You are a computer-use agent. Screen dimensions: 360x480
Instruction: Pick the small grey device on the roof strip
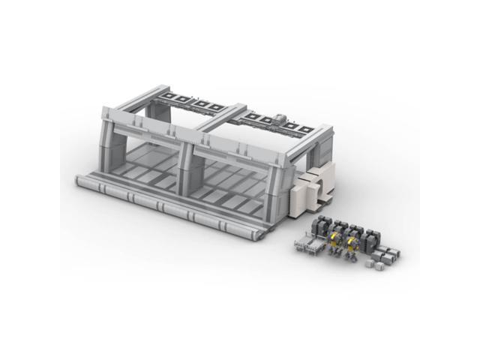click(x=277, y=117)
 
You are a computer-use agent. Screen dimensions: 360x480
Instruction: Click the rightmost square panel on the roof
click(x=304, y=129)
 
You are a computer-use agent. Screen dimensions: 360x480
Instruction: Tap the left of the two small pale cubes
click(x=370, y=263)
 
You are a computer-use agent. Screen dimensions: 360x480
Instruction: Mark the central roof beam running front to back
click(x=218, y=113)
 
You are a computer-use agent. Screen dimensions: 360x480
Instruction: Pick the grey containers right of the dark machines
click(x=387, y=259)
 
